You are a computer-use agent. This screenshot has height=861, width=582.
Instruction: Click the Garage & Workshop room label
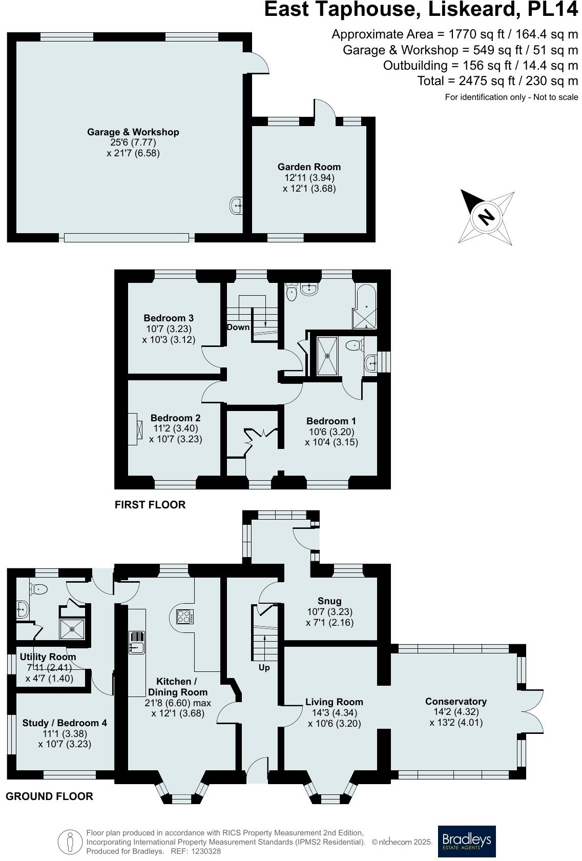(133, 132)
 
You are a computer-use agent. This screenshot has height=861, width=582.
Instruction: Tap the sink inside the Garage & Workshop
(236, 206)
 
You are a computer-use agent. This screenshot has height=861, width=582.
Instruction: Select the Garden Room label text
(309, 167)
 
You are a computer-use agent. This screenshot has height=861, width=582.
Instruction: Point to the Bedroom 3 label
(169, 318)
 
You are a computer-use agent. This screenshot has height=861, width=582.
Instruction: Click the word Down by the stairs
(238, 327)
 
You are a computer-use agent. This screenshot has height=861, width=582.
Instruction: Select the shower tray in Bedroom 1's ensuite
(327, 356)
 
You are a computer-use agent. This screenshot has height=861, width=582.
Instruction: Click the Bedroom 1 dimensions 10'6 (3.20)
(331, 432)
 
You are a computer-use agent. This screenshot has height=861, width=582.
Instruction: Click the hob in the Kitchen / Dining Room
(185, 617)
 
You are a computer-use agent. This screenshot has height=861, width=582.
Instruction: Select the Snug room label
(329, 601)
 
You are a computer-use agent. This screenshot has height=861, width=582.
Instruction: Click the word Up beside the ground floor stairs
(264, 667)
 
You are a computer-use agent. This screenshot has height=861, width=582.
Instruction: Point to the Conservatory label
(456, 701)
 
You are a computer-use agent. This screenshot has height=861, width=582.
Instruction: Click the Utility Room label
(48, 657)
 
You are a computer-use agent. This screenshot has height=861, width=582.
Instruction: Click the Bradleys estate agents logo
(466, 841)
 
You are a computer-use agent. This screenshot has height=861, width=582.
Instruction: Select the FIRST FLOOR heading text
(150, 504)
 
